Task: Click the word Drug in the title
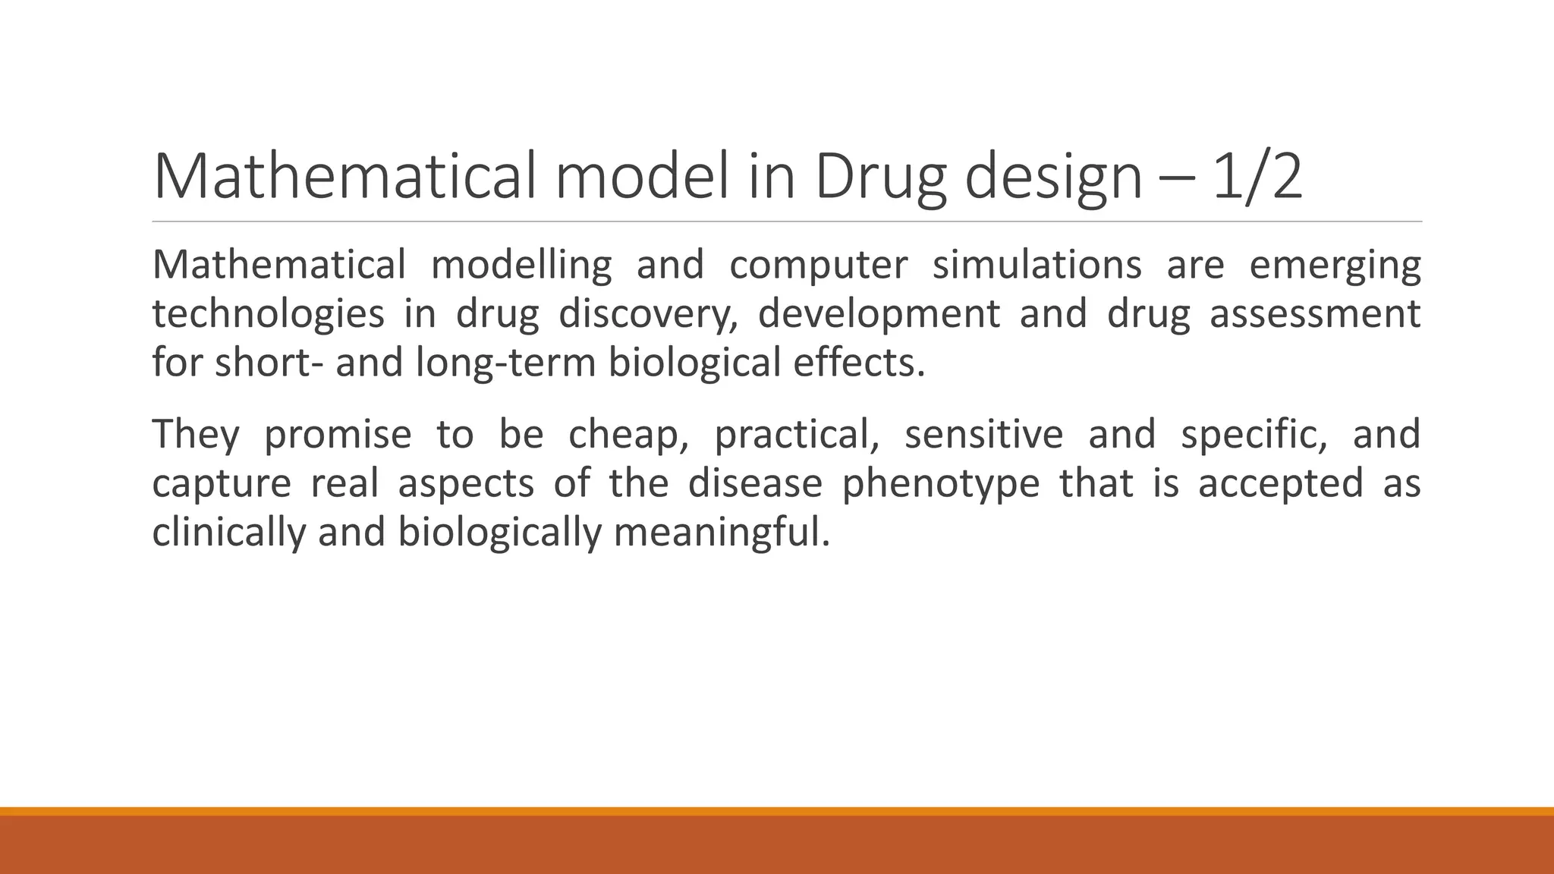coord(879,177)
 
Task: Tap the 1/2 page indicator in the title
coord(1257,177)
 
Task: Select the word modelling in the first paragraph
coord(521,266)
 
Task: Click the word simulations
coord(1037,266)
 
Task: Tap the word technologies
coord(268,314)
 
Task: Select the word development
coord(879,314)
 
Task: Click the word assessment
coord(1314,314)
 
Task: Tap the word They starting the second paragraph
coord(196,435)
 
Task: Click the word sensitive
coord(983,435)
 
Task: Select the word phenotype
coord(941,483)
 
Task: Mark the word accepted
coord(1281,483)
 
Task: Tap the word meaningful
coord(721,532)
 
